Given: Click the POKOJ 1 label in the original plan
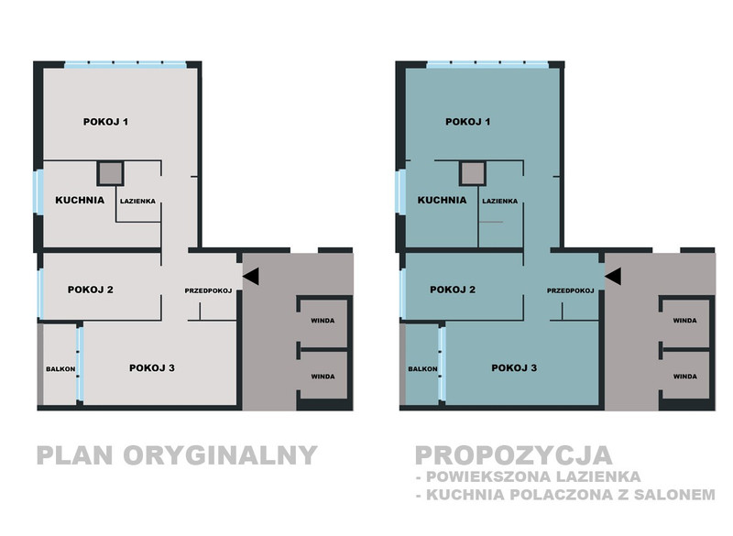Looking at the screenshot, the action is tap(105, 122).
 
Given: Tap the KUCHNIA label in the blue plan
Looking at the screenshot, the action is tap(442, 201).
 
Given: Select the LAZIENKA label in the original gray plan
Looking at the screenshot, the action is tap(137, 202).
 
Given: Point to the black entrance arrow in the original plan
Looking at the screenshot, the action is tap(250, 276).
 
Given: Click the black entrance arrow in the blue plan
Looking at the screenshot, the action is tap(613, 276).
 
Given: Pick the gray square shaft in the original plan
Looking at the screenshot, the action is tap(111, 173).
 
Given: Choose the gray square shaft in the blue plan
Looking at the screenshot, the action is tap(473, 173).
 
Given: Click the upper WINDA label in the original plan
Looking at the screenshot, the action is tap(323, 321).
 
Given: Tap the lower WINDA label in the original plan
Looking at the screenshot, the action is tap(323, 377).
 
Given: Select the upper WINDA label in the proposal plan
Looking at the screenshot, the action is tap(684, 321).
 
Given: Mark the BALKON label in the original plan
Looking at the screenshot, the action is tap(60, 369).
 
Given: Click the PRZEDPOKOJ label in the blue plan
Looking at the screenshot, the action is tap(570, 290).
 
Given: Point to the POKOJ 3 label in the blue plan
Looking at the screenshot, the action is tap(514, 368).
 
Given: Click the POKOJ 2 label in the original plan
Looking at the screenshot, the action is tap(90, 290).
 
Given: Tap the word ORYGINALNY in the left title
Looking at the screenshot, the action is tap(220, 455).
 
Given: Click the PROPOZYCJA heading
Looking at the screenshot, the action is tap(514, 455).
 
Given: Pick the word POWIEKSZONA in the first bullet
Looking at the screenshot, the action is tap(485, 476).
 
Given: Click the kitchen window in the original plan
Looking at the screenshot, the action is tap(39, 192).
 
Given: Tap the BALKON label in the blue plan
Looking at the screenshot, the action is tap(422, 369).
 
